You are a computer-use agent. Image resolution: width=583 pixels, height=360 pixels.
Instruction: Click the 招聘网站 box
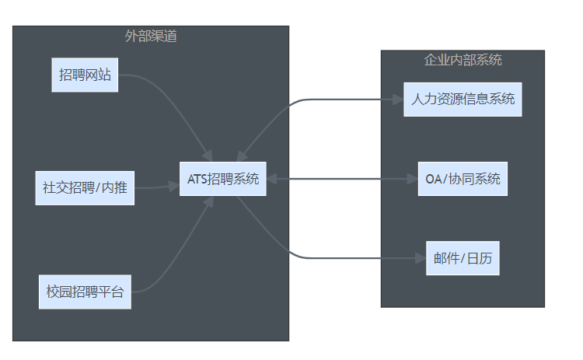point(85,75)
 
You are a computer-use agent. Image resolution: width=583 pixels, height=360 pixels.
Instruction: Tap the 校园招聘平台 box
point(85,292)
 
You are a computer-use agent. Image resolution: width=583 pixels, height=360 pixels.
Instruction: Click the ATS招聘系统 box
point(223,179)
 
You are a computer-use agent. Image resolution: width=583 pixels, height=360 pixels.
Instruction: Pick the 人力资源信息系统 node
point(462,100)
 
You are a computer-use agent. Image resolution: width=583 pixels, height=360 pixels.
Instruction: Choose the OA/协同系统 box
point(462,179)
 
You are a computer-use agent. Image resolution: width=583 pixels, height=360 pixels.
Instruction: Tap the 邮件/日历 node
point(462,259)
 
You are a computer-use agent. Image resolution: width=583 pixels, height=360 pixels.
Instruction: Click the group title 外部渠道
point(151,36)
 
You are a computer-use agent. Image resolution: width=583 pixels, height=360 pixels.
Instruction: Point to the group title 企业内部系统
point(463,60)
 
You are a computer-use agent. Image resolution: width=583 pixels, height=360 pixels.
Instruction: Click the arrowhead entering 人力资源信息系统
point(398,100)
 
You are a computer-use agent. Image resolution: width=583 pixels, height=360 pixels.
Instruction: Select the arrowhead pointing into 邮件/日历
point(420,257)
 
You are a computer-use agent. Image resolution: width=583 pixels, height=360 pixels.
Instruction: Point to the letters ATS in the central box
point(197,179)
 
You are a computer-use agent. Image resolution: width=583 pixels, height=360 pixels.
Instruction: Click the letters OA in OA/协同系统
point(433,179)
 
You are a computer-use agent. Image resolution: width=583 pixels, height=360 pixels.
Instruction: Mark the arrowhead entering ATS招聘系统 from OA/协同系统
point(273,179)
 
